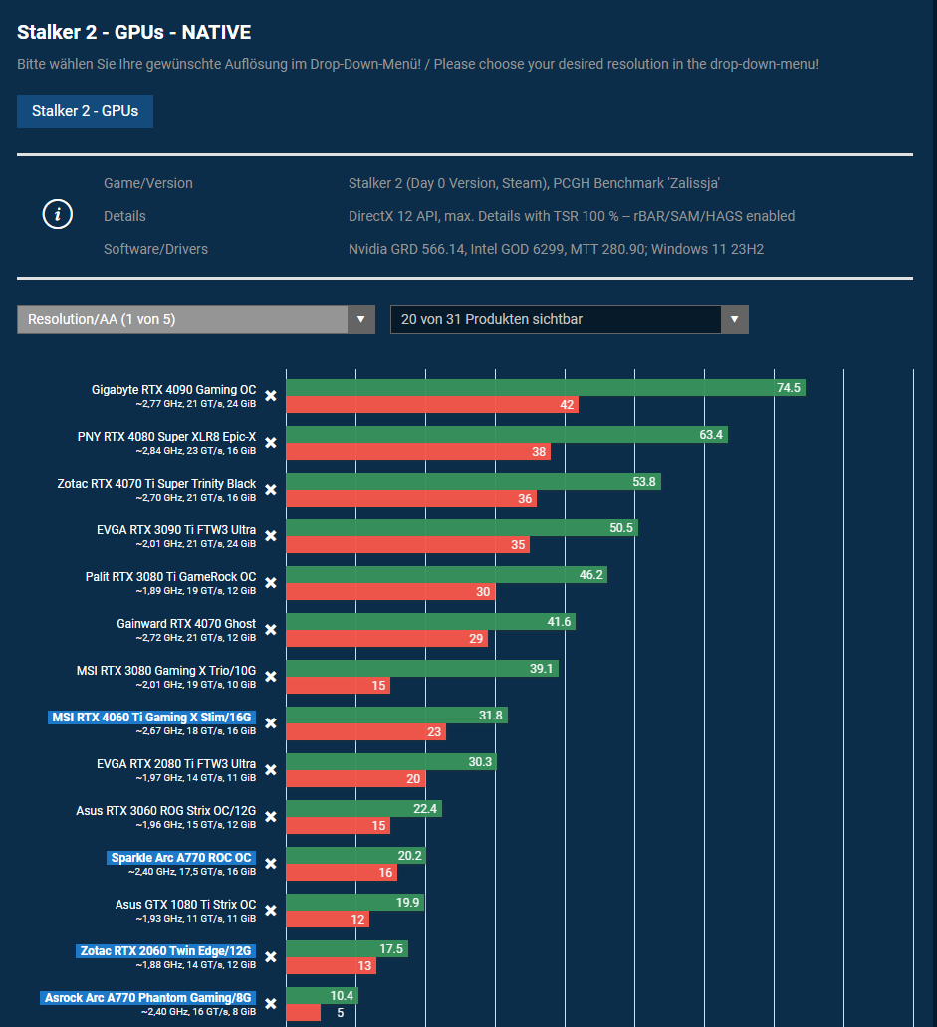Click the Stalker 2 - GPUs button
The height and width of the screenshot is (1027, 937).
85,111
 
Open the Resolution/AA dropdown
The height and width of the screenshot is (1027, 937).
195,319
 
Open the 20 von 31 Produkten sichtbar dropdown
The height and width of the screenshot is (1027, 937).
569,319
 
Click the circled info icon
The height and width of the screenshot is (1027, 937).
58,215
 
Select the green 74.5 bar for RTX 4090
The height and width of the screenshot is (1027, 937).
545,388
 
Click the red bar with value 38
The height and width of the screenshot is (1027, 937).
418,452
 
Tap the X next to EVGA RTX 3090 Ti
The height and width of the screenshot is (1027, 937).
270,536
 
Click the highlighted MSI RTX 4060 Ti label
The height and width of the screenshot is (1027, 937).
151,717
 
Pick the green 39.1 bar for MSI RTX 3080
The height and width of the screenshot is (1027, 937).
422,669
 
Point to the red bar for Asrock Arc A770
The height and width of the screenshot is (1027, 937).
304,1013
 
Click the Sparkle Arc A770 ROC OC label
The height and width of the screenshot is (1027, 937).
182,858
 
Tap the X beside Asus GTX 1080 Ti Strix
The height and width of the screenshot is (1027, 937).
270,911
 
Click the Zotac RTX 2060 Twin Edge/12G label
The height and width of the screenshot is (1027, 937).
165,951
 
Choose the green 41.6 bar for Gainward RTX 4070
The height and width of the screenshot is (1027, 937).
430,622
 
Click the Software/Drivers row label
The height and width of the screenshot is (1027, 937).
155,249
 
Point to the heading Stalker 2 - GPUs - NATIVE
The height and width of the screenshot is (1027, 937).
133,32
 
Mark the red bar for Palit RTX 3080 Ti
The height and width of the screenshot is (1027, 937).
390,592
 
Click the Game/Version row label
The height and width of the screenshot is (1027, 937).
148,183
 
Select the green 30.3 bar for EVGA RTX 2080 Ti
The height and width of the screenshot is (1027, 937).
391,762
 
